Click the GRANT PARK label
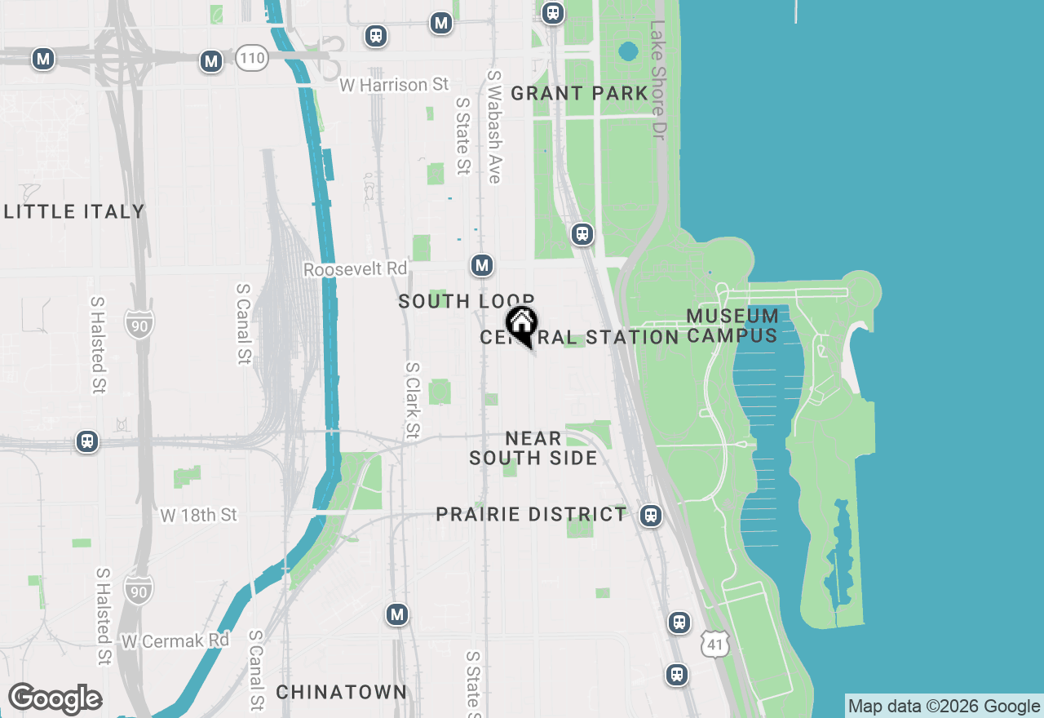pos(579,94)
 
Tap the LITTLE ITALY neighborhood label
pos(74,212)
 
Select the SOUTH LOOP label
pos(466,301)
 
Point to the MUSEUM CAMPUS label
pos(732,326)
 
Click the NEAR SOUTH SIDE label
pos(533,449)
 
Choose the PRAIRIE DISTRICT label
pos(531,515)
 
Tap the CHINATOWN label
pos(341,692)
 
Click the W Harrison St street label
pos(395,85)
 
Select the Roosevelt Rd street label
pos(355,269)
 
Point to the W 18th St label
pos(198,515)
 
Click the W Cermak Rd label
pos(175,640)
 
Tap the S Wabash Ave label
pos(494,126)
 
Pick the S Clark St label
pos(413,400)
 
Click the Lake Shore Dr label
pos(658,79)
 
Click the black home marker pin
pos(521,325)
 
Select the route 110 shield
pos(253,58)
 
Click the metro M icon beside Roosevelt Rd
pos(482,265)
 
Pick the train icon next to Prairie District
pos(650,516)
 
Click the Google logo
pos(55,699)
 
